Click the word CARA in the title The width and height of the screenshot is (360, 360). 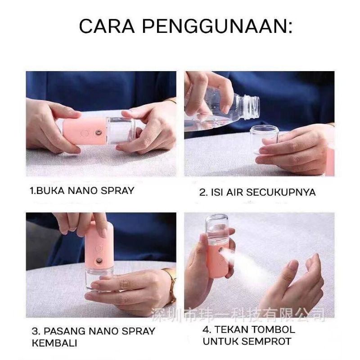click(x=107, y=26)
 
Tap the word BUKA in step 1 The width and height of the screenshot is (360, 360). click(x=51, y=190)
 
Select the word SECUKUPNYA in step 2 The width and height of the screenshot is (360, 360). click(x=280, y=192)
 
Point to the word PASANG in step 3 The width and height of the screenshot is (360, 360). click(x=64, y=331)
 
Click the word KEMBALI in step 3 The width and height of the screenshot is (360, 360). click(x=54, y=343)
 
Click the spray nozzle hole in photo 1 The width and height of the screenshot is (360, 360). click(x=99, y=132)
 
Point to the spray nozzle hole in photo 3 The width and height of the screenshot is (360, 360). click(x=99, y=261)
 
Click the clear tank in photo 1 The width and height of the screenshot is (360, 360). click(x=121, y=130)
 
